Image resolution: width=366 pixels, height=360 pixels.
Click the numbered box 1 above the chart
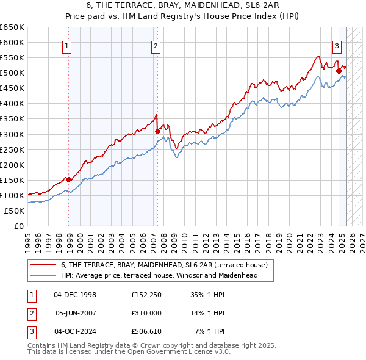[66, 45]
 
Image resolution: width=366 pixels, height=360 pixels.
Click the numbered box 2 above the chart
[156, 45]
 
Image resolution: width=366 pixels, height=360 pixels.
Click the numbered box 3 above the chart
[336, 45]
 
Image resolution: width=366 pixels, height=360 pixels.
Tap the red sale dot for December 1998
[69, 179]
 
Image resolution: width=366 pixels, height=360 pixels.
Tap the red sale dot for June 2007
[157, 131]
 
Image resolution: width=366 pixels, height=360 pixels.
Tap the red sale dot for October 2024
[339, 71]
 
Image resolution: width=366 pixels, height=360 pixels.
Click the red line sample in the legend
[43, 265]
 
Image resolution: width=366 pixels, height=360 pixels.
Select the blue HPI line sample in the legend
[43, 275]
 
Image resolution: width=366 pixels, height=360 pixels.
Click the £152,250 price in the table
[145, 295]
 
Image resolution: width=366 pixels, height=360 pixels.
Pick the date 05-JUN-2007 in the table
[75, 313]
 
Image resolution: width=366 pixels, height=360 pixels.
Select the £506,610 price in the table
[145, 331]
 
